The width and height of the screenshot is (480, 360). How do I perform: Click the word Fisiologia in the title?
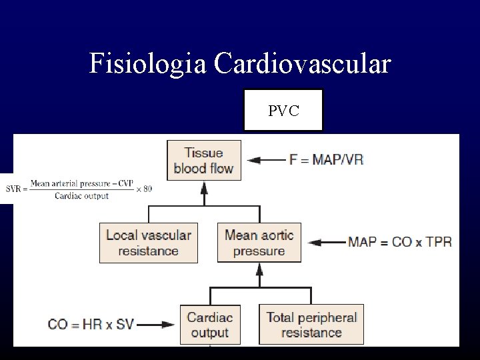point(148,65)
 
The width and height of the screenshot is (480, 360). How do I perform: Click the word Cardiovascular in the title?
point(302,65)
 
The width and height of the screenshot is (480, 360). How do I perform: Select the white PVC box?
point(283,110)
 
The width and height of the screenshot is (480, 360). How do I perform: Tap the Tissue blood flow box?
point(203,161)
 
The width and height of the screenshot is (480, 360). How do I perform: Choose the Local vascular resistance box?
point(148,243)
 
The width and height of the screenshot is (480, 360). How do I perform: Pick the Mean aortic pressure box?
point(259,243)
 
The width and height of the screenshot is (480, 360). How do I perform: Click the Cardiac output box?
point(210,325)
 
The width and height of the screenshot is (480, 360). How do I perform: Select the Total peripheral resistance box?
point(311,325)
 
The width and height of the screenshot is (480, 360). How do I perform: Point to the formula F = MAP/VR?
point(326,160)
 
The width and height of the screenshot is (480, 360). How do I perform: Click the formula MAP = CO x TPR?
point(399,241)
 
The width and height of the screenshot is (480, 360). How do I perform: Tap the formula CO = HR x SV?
point(91,325)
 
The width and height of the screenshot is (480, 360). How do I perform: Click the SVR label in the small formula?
point(13,189)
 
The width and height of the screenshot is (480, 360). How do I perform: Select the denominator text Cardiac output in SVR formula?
point(81,196)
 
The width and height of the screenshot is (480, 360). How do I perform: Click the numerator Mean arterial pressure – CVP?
point(81,182)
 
